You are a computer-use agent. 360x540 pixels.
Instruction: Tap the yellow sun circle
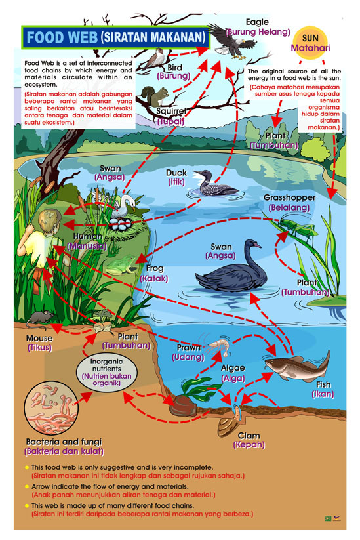pyautogui.click(x=310, y=43)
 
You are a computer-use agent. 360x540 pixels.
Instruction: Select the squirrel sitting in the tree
pyautogui.click(x=155, y=96)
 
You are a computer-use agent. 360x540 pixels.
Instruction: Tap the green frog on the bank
pyautogui.click(x=121, y=264)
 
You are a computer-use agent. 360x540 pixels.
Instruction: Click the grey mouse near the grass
pyautogui.click(x=41, y=318)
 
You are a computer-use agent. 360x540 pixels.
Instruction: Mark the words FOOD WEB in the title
pyautogui.click(x=62, y=37)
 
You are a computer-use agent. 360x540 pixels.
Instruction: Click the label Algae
pyautogui.click(x=233, y=368)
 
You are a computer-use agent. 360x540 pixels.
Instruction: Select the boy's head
pyautogui.click(x=50, y=220)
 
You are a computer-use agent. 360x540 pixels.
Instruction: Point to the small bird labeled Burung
pyautogui.click(x=155, y=57)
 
